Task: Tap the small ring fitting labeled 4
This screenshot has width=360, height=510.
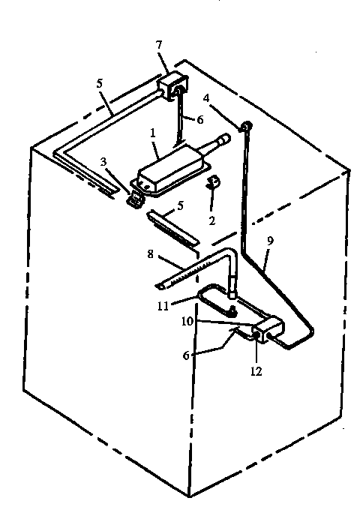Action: coord(244,129)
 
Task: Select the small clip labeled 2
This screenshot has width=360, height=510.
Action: coord(213,182)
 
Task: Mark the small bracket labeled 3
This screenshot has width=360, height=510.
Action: coord(136,200)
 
